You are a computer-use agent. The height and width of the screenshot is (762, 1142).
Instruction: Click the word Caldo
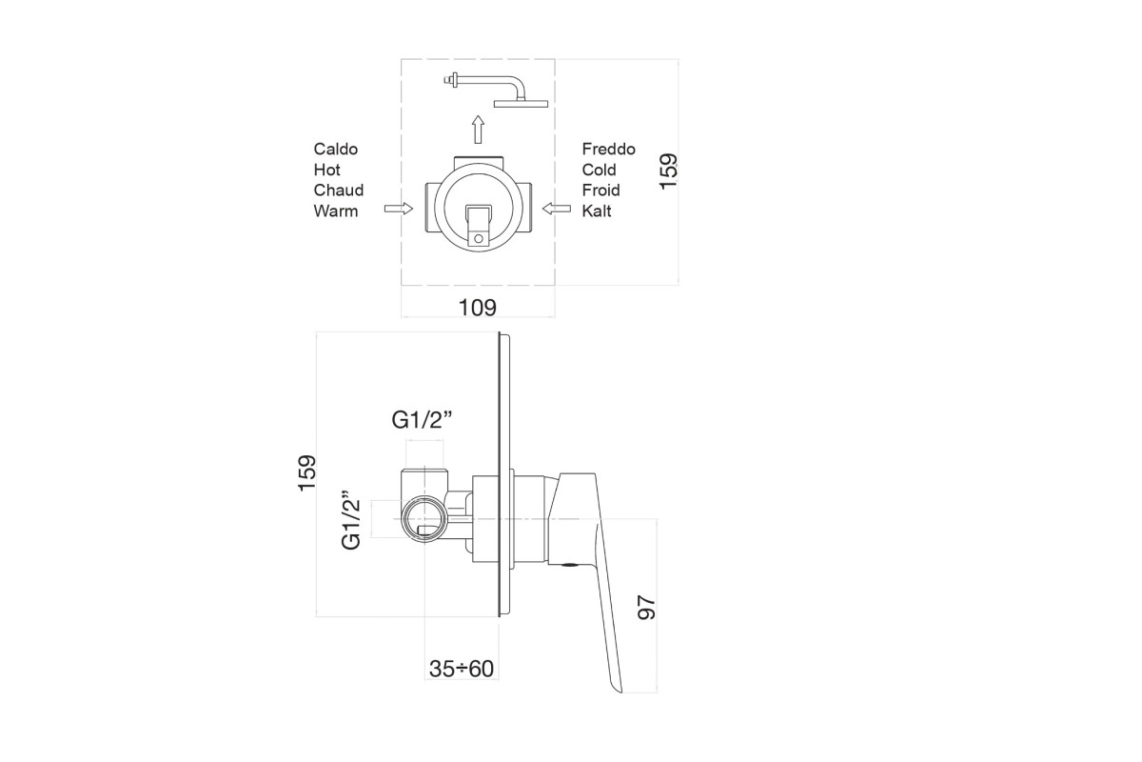click(x=335, y=149)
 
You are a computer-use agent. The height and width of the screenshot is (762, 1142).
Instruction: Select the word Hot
click(x=326, y=170)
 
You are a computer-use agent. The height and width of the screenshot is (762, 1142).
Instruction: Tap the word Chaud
click(x=339, y=190)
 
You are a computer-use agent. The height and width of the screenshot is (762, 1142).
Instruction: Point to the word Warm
click(x=335, y=211)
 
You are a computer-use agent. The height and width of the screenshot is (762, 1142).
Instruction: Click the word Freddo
click(x=609, y=149)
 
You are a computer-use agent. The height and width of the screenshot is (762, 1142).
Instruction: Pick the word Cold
click(x=599, y=170)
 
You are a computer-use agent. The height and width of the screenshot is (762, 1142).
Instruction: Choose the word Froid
click(x=601, y=190)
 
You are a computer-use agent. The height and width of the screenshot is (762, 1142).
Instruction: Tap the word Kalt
click(x=597, y=211)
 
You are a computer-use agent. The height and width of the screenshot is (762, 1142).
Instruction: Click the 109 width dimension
click(x=477, y=308)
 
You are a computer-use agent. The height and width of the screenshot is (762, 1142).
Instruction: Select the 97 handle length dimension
click(x=646, y=608)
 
